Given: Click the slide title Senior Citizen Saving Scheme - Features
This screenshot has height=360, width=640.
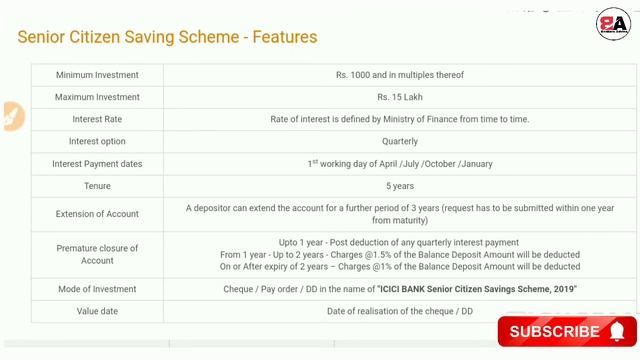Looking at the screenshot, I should pos(167,37).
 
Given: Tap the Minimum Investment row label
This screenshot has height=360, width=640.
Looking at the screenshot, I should pos(97,75).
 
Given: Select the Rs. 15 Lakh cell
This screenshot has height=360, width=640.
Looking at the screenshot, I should pos(399,97).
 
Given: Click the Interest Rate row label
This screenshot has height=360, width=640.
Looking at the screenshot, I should pos(97,119).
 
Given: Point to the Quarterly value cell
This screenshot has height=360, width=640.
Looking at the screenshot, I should pos(399,141).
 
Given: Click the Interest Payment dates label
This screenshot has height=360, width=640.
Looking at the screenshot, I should pos(97,163).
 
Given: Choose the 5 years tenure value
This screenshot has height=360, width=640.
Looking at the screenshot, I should pos(399,186).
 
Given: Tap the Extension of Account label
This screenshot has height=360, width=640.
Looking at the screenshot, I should pos(97,214).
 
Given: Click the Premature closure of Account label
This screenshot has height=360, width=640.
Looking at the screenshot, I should pos(97,254).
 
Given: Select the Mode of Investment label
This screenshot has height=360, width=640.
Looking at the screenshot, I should pos(97,289).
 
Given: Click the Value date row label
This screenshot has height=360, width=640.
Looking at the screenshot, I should pos(97,311).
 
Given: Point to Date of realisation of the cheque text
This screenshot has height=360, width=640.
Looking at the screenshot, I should pos(399,311).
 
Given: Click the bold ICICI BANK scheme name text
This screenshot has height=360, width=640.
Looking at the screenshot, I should pos(477,289).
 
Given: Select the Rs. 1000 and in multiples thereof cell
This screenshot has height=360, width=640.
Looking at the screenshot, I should pos(399,75).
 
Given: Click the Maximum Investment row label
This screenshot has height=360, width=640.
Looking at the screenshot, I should pos(97,97).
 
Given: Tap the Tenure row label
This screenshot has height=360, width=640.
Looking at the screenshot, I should pos(97,186).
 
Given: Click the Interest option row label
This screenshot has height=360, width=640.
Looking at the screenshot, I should pos(97,141).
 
